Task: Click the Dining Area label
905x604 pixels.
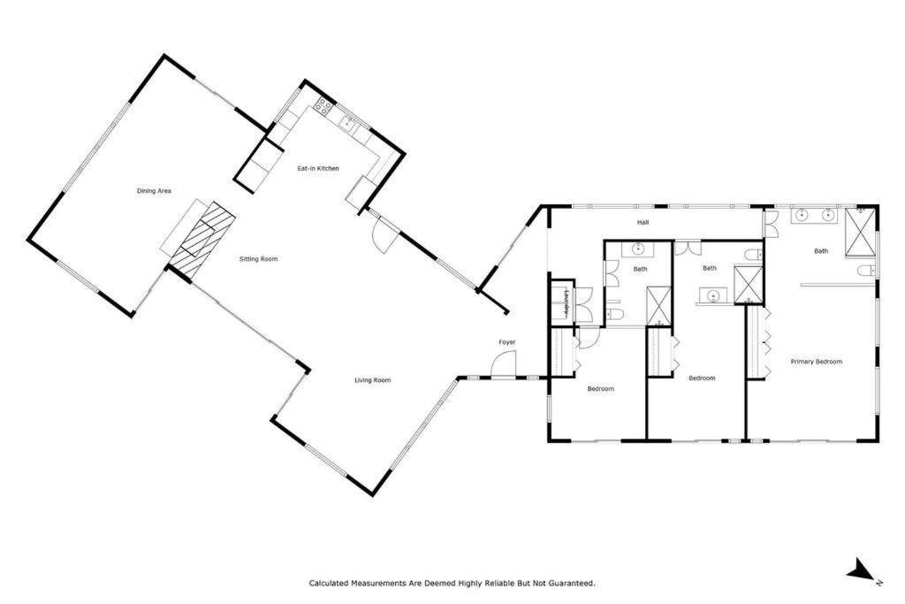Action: (x=154, y=191)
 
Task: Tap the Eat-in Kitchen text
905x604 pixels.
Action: (x=318, y=169)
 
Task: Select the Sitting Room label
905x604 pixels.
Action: (x=259, y=259)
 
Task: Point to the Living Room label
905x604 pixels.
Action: (x=372, y=380)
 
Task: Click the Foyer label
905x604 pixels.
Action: (x=506, y=342)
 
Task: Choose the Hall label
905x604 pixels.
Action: (x=643, y=222)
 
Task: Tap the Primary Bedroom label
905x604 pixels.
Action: (x=816, y=362)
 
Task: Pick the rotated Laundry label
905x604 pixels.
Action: (x=568, y=302)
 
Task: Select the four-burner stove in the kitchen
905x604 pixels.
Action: (x=323, y=105)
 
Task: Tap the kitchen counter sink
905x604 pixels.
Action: (x=348, y=122)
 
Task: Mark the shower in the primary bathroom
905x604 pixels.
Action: (x=860, y=232)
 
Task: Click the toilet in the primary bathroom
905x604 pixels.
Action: (x=866, y=271)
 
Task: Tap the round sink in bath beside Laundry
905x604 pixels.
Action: (x=638, y=249)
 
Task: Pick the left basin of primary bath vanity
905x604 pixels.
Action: (x=802, y=216)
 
